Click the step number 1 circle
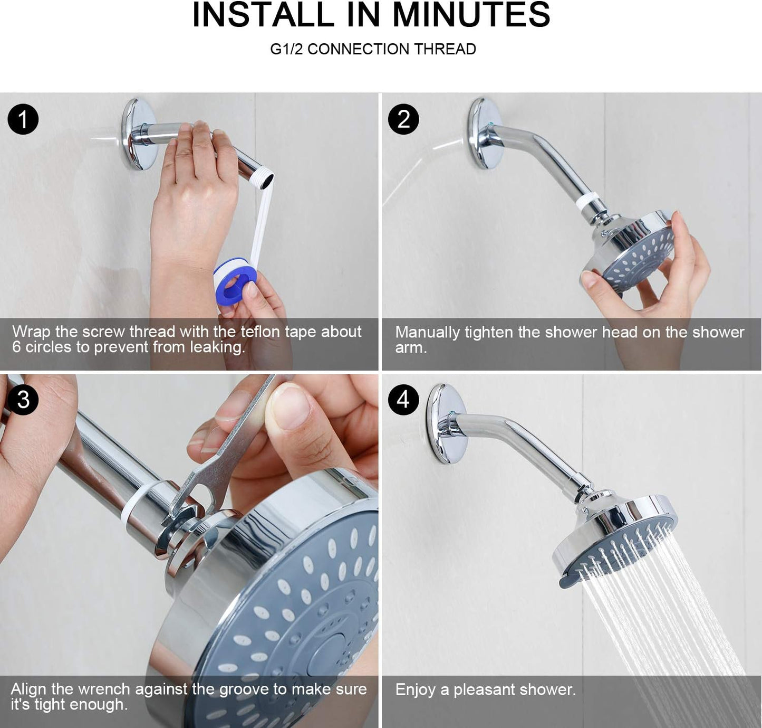click(x=23, y=119)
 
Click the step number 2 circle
click(x=403, y=119)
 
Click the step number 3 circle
click(x=23, y=400)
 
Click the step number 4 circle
click(x=403, y=400)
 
